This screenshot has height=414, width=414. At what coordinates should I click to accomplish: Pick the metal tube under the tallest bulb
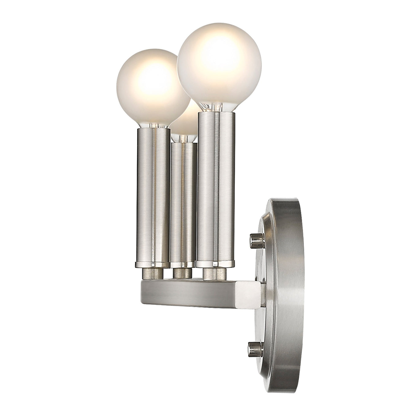pyautogui.click(x=216, y=187)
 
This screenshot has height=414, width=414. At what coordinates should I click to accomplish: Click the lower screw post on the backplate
pyautogui.click(x=256, y=348)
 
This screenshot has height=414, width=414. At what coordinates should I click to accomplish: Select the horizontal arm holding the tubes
pyautogui.click(x=187, y=290)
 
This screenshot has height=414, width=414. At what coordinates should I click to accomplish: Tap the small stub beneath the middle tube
pyautogui.click(x=183, y=273)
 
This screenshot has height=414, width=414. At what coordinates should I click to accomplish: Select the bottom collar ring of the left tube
pyautogui.click(x=152, y=264)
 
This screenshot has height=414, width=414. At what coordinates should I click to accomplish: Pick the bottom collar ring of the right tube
pyautogui.click(x=215, y=263)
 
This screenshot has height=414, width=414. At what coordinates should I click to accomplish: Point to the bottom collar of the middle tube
pyautogui.click(x=183, y=264)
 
